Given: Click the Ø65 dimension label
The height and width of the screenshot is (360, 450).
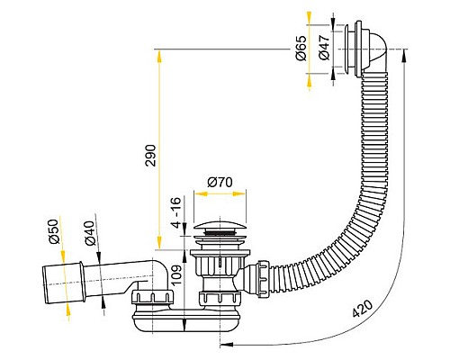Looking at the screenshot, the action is coord(301,48).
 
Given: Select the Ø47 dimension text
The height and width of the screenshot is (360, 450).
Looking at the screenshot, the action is coord(325,47).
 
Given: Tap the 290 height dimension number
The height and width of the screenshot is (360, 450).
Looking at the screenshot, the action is coord(150,156).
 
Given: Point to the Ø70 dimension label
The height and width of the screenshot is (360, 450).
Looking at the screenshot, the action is coord(220,182).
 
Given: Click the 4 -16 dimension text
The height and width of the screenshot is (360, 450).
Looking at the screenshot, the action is coord(177,212).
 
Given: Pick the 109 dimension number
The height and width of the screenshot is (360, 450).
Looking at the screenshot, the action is coord(176,275).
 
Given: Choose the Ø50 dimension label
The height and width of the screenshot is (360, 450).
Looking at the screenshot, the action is coord(53,231).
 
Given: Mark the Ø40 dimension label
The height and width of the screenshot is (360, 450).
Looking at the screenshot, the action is coord(91,233).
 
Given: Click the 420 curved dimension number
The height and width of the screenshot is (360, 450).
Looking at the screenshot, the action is coord(362,309).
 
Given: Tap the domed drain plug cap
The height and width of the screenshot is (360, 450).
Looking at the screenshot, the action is coord(220,226).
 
